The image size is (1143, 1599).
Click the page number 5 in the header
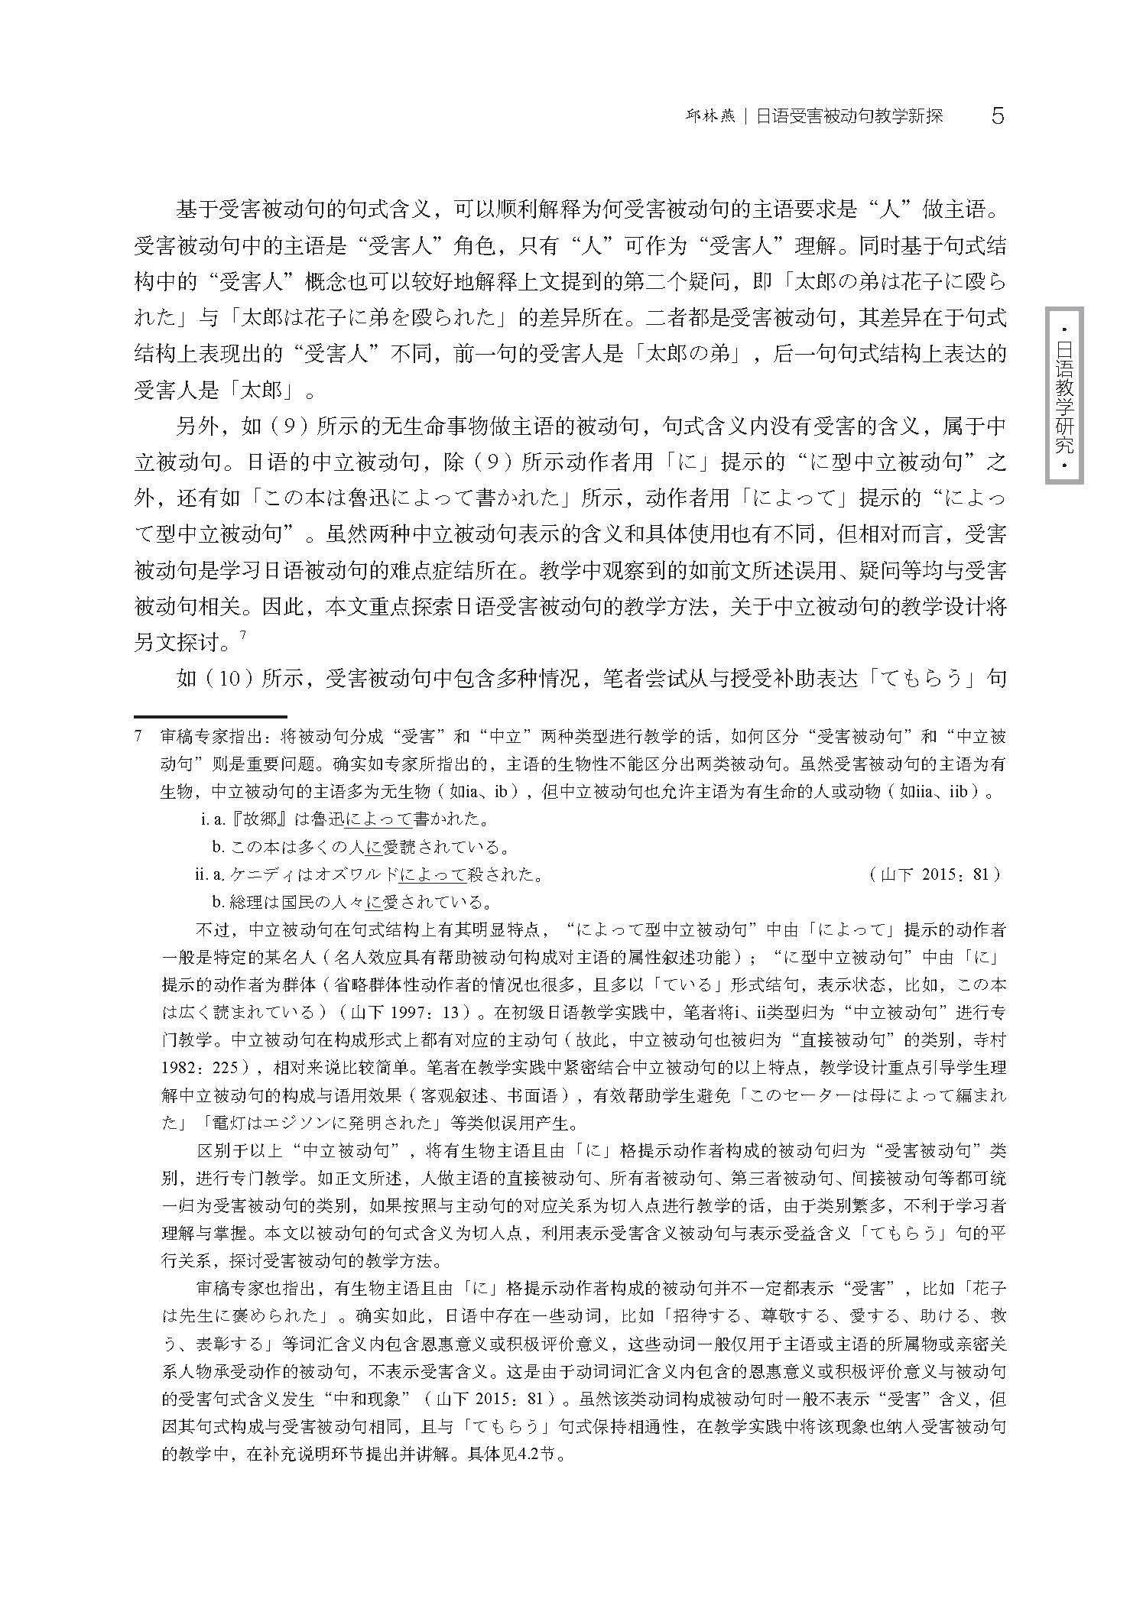(x=996, y=116)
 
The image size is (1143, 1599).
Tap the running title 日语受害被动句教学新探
(x=849, y=116)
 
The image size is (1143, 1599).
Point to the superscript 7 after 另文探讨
(x=242, y=634)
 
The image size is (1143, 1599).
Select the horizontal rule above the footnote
(x=209, y=717)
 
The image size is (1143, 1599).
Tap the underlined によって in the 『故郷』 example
(x=378, y=819)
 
